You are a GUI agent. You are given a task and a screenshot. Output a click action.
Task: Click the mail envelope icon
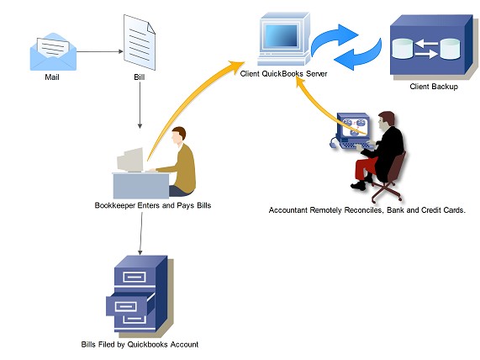[53, 52]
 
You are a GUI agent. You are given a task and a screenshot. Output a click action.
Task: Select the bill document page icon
[140, 42]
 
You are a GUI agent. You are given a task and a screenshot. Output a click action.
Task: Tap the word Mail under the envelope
[52, 77]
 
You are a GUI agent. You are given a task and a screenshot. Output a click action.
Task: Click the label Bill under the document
[140, 77]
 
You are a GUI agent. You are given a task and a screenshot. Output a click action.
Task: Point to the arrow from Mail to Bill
[100, 51]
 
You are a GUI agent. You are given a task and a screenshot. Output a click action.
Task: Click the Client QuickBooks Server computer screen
[282, 36]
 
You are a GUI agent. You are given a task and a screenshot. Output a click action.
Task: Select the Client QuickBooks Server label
[283, 74]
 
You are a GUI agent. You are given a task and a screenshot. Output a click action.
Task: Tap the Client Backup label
[434, 87]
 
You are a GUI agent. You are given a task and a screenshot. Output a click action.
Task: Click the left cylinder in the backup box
[403, 49]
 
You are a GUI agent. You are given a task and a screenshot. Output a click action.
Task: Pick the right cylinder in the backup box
[450, 49]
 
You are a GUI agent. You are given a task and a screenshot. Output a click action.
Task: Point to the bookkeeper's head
[178, 135]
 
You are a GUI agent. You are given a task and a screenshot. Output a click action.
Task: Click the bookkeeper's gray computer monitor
[130, 160]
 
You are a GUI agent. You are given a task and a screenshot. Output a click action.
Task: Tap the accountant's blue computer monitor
[353, 126]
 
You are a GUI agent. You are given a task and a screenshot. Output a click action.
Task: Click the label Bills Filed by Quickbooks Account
[140, 345]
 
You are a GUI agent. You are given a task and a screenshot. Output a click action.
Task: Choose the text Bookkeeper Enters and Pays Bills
[153, 205]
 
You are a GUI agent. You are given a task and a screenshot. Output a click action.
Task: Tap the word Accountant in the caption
[288, 210]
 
